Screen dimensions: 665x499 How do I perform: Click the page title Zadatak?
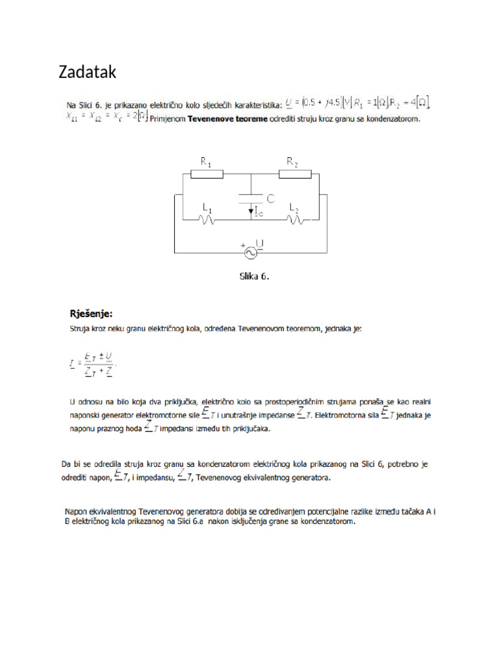tap(88, 73)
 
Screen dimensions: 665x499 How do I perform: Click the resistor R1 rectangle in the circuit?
tap(207, 174)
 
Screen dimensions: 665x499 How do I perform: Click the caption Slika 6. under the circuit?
tap(251, 275)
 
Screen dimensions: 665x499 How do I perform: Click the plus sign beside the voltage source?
tap(244, 246)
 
